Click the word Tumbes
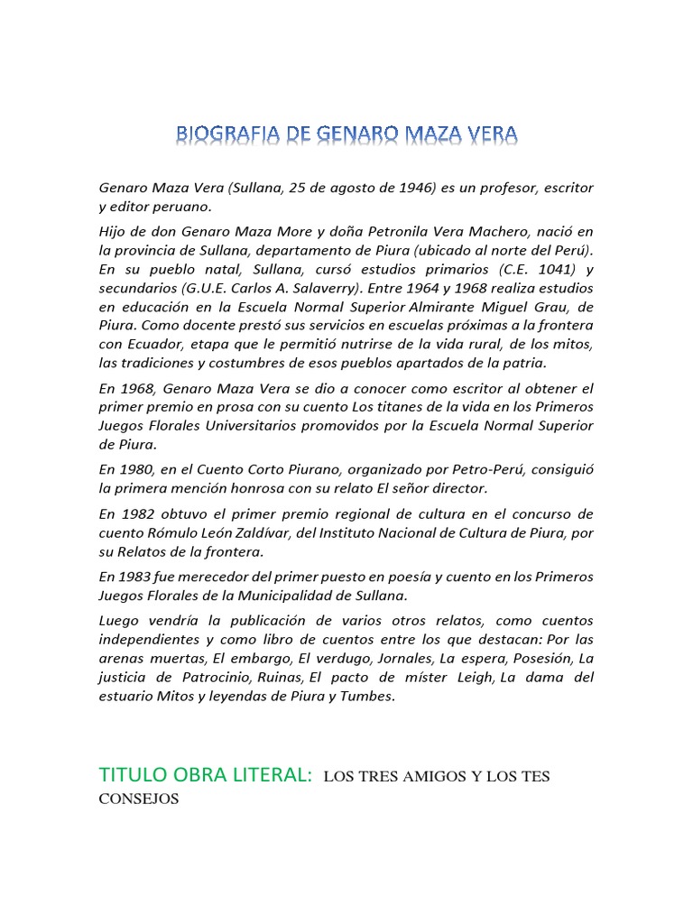point(369,696)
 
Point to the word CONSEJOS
point(139,799)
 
